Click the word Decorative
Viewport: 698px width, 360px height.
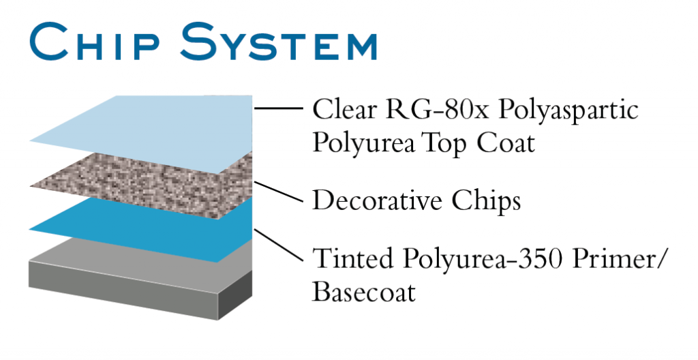pyautogui.click(x=378, y=200)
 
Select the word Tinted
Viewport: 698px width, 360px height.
pyautogui.click(x=351, y=258)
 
